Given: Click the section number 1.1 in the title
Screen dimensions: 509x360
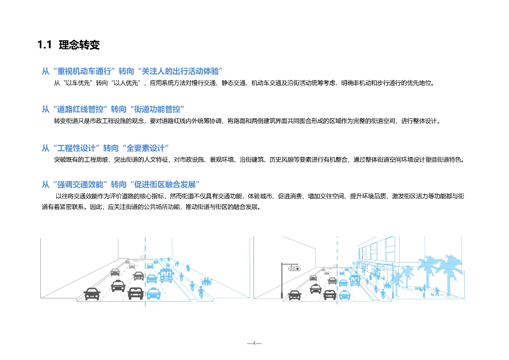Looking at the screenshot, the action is click(44, 45).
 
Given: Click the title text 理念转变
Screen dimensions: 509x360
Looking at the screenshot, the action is click(79, 45).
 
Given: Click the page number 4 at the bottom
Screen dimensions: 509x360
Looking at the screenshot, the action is click(254, 343).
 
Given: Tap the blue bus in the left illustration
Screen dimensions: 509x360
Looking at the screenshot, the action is click(166, 274).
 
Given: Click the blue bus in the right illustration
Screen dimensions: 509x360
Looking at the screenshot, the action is click(354, 280).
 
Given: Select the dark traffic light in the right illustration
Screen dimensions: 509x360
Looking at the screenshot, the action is click(294, 269).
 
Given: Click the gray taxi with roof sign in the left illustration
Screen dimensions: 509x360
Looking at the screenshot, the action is click(117, 285).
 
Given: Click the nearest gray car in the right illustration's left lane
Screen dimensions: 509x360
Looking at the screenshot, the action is click(295, 294).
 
